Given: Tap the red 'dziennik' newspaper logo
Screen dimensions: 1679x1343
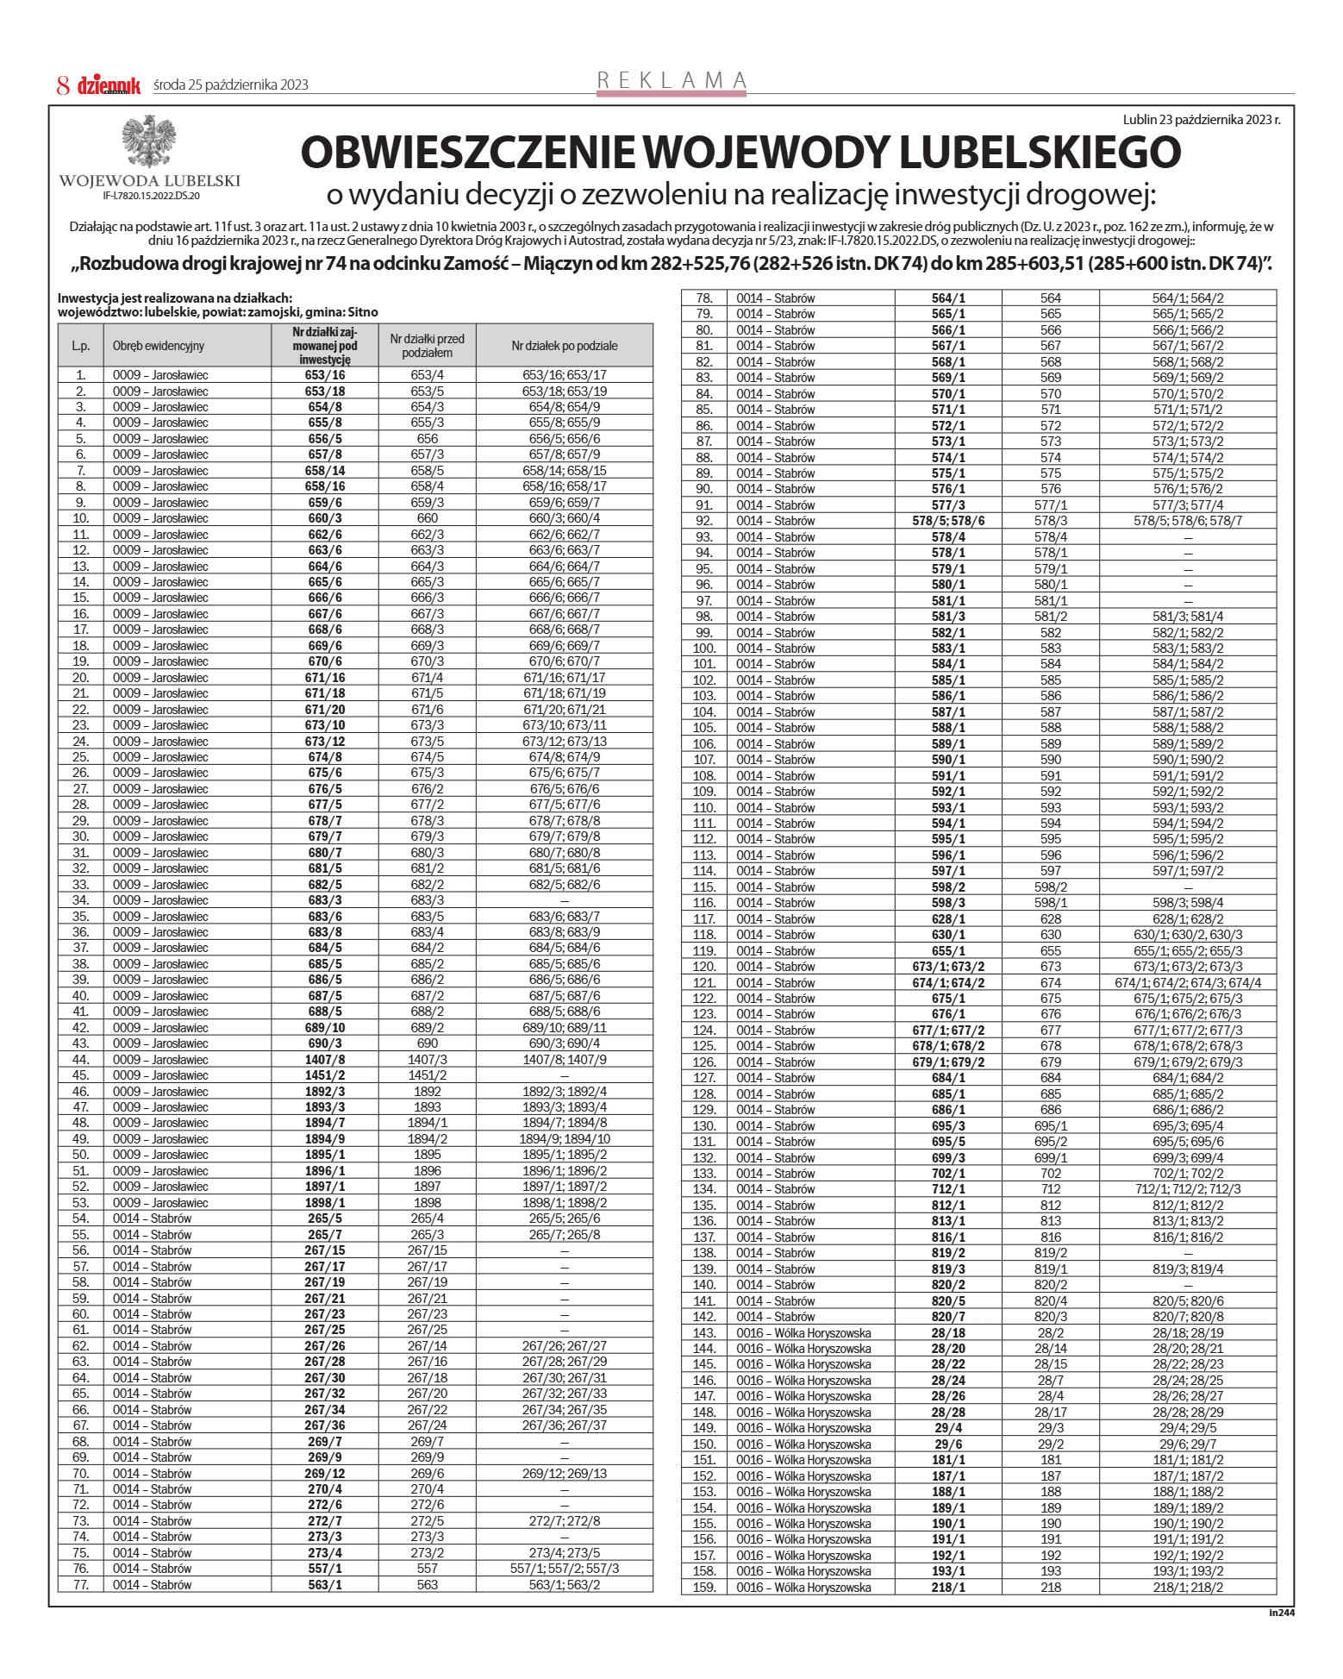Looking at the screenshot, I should [109, 85].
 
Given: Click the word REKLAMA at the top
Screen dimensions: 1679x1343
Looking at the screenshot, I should [671, 80].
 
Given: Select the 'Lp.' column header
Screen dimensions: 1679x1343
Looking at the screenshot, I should [80, 346].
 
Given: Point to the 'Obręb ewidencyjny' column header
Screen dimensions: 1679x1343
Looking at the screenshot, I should [159, 346].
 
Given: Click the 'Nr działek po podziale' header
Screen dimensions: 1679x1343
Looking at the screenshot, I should [564, 346].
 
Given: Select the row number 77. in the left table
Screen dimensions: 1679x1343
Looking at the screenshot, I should [81, 1585].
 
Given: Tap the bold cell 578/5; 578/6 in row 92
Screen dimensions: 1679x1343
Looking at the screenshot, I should [948, 521].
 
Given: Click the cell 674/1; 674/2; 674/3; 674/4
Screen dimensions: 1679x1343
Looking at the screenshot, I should [1187, 983].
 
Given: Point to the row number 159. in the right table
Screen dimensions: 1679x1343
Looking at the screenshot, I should [704, 1588].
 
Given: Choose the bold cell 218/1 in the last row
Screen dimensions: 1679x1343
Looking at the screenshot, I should [948, 1588].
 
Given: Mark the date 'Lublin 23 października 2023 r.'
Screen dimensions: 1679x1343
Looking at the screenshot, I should [1201, 120].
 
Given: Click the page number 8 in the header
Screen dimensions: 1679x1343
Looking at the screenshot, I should [62, 85].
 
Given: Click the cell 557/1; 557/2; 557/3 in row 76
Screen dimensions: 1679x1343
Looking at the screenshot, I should [564, 1569].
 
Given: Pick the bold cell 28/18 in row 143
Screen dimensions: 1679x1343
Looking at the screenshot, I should [948, 1333].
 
